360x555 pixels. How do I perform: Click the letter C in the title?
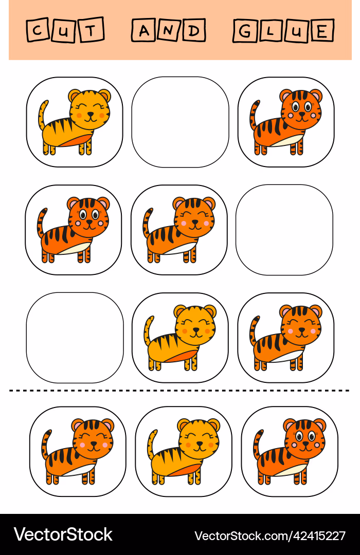(37, 31)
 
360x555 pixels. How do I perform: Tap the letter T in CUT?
(91, 31)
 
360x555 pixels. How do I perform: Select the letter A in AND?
(144, 31)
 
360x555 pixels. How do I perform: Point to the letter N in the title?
(168, 31)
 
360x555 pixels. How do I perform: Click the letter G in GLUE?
(245, 31)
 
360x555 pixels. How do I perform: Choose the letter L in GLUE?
(271, 32)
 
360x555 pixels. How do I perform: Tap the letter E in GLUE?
(321, 32)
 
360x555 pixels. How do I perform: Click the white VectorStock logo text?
(63, 534)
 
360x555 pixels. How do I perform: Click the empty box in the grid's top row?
(180, 122)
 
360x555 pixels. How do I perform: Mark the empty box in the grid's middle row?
(284, 230)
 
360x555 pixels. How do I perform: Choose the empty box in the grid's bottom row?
(75, 338)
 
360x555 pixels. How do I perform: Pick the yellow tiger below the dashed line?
(184, 451)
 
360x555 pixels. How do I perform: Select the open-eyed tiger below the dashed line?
(290, 451)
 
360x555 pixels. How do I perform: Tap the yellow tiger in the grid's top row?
(75, 122)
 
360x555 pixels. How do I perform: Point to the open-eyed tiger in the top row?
(286, 122)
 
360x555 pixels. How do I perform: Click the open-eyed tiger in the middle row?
(74, 230)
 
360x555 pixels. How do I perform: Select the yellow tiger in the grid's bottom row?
(180, 338)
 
